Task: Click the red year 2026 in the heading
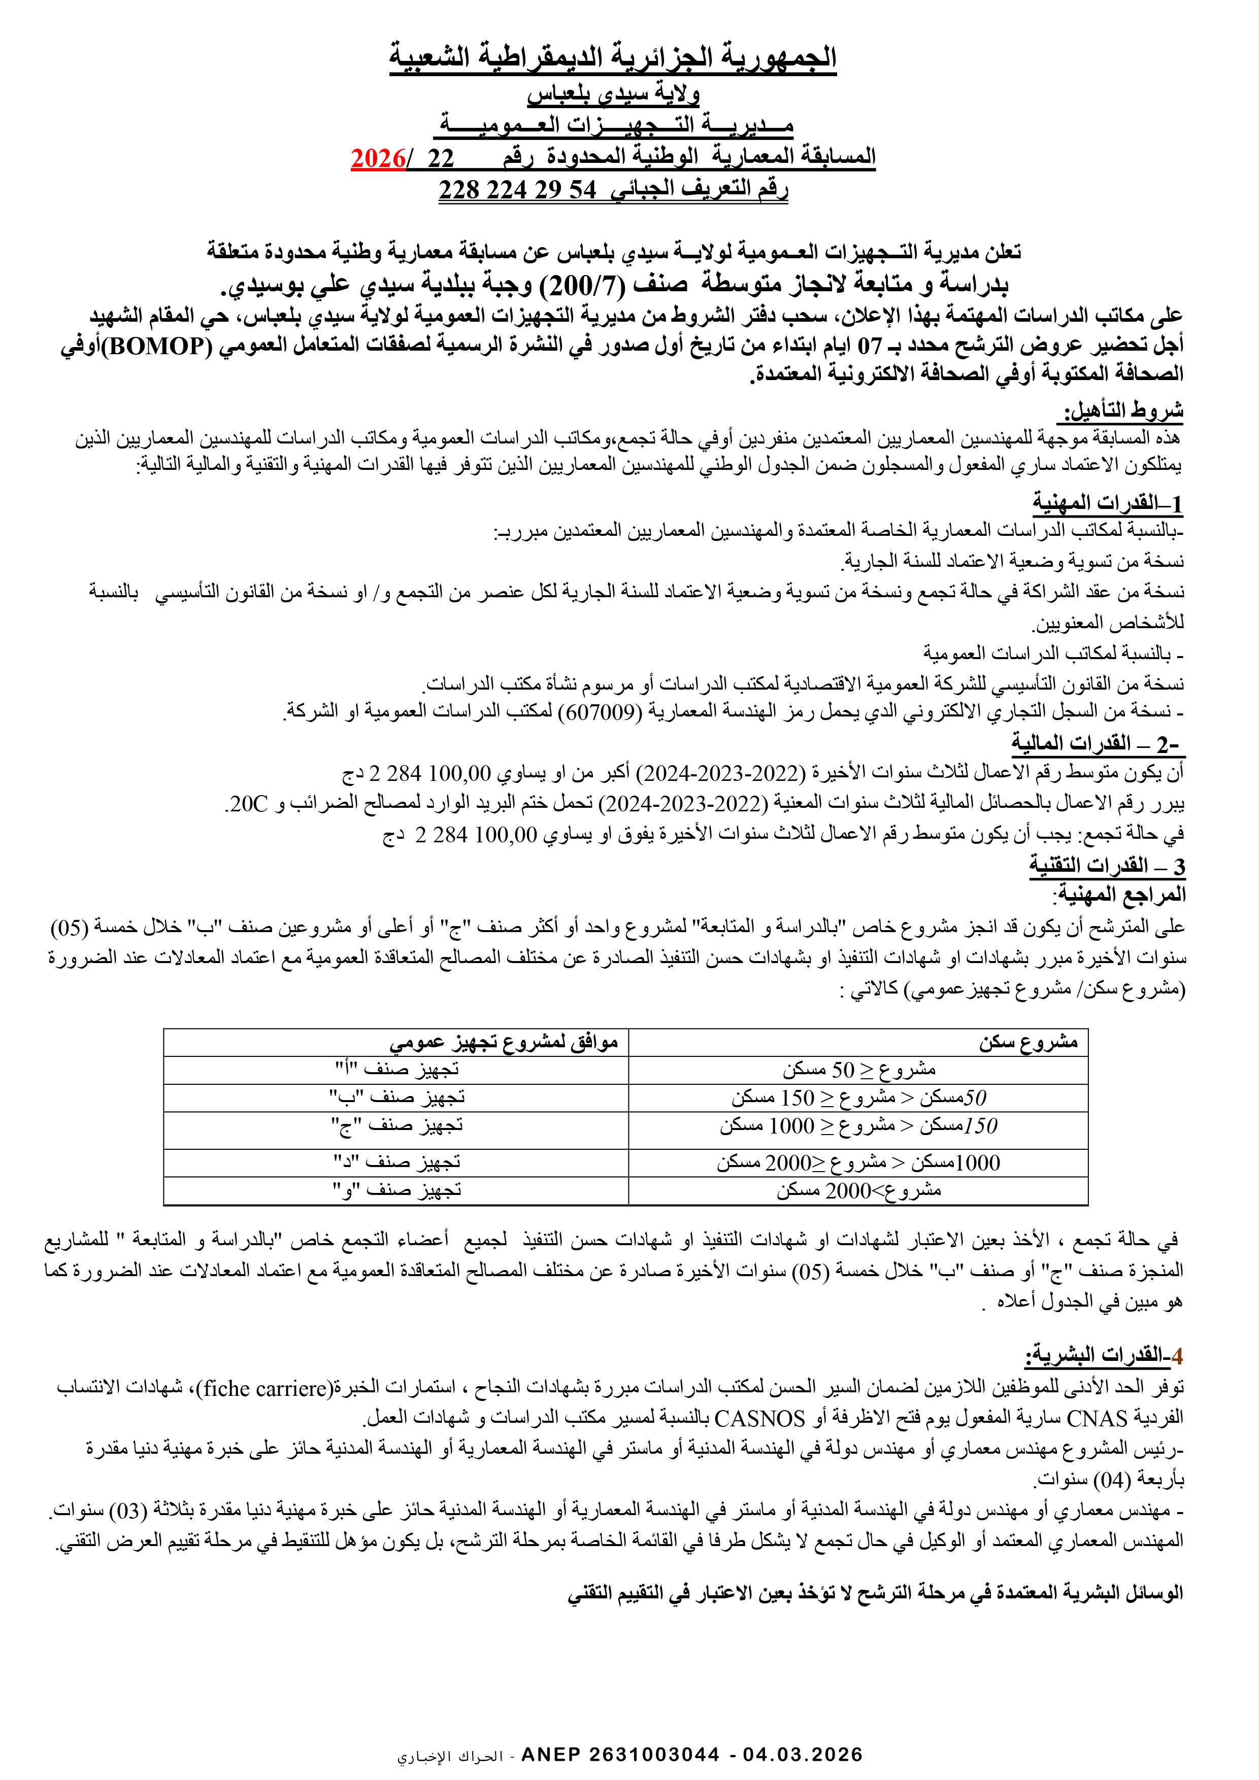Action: (x=377, y=158)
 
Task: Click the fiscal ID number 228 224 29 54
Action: (x=517, y=189)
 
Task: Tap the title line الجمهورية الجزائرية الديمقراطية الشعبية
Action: (x=613, y=57)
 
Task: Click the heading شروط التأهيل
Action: (x=1123, y=409)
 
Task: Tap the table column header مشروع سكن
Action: (x=1028, y=1043)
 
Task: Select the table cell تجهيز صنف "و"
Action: (x=397, y=1190)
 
